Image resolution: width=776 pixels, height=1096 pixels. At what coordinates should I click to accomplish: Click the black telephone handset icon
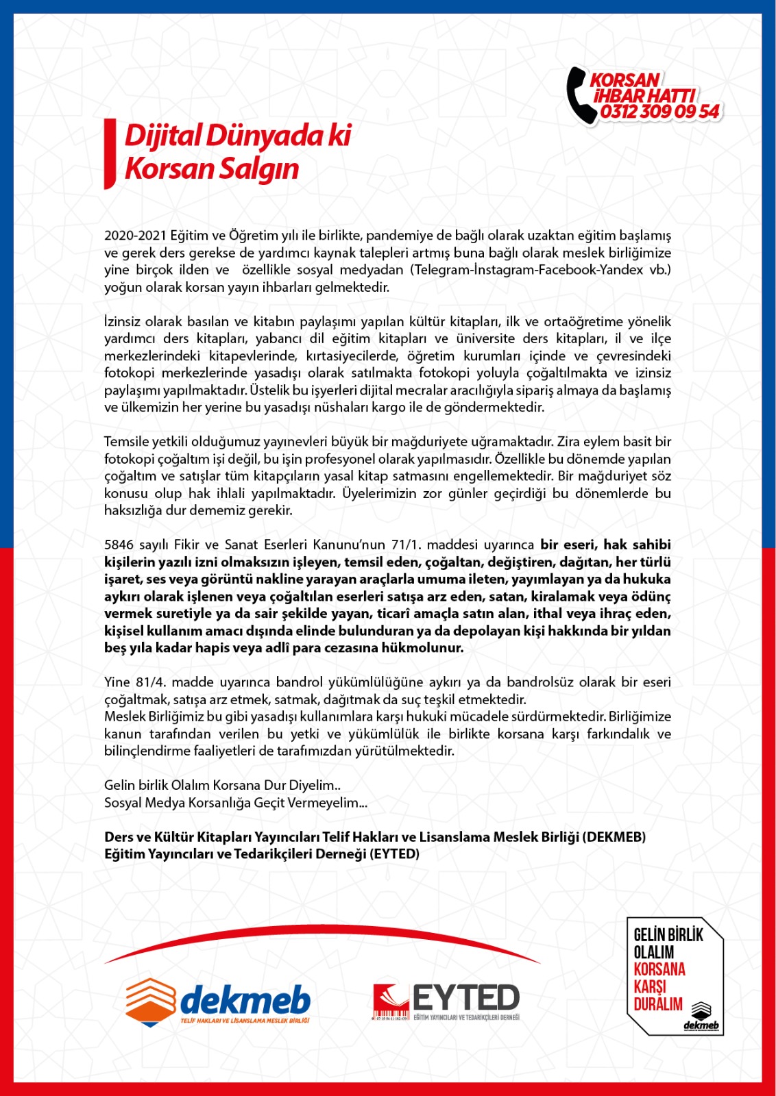(x=580, y=95)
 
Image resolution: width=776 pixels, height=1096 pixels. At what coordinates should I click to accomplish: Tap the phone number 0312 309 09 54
(x=659, y=112)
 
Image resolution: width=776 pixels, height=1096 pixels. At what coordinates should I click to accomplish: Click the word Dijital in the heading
(x=162, y=135)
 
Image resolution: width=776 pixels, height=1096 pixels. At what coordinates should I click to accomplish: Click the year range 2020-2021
(x=136, y=236)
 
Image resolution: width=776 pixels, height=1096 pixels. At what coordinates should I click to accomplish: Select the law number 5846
(x=119, y=545)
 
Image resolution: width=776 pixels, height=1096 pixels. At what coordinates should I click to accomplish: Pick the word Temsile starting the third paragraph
(x=125, y=442)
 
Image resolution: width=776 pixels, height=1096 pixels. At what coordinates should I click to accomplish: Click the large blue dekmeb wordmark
(x=245, y=1000)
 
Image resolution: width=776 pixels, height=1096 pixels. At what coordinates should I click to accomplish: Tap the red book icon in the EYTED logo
(x=390, y=1001)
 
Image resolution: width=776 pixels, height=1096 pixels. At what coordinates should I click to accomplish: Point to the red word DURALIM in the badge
(x=658, y=1005)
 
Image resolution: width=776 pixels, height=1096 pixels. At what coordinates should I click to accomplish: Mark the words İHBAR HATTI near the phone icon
(x=644, y=95)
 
